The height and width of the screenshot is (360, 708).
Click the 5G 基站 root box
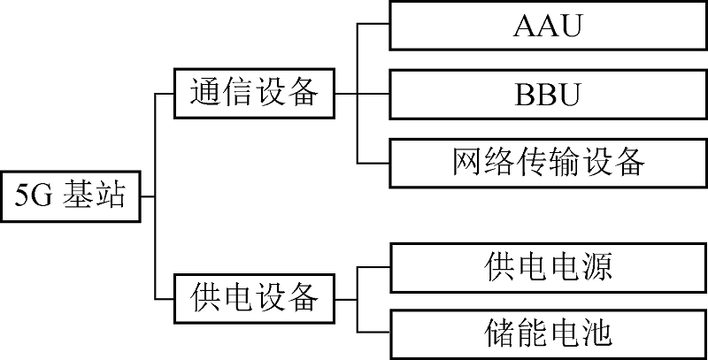(x=71, y=195)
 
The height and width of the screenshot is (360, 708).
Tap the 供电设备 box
(x=255, y=297)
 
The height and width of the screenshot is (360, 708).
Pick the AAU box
(x=547, y=26)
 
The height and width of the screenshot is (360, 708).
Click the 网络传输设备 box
(x=547, y=162)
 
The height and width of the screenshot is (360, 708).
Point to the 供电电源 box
(x=547, y=266)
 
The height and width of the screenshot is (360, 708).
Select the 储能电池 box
(x=547, y=333)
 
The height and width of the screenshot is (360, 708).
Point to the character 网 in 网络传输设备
(x=469, y=162)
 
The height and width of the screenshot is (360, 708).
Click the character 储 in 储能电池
(x=501, y=333)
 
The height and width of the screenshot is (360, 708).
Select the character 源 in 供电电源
(x=596, y=266)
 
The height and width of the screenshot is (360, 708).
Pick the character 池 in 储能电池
(x=596, y=333)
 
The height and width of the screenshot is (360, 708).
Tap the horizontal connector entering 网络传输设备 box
(x=373, y=163)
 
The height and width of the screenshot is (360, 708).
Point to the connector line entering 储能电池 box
(x=373, y=333)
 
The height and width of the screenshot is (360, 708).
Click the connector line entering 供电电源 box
(x=373, y=264)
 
